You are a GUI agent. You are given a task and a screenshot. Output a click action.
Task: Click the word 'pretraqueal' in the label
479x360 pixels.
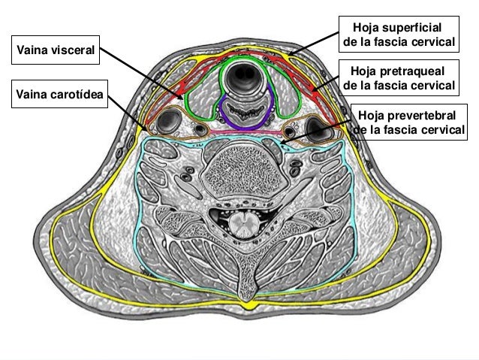413,71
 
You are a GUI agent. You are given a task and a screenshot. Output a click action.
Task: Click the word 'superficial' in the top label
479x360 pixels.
422,26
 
